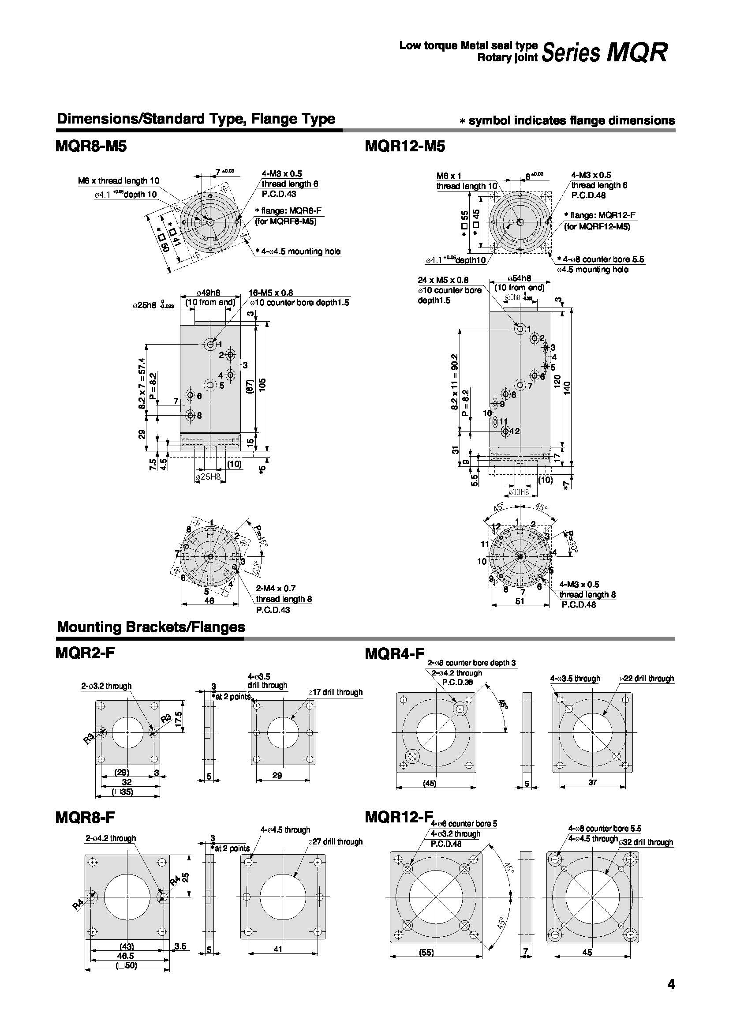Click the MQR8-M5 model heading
pos(91,146)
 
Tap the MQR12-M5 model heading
pos(405,146)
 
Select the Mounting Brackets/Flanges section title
pos(151,627)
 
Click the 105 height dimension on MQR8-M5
pos(262,385)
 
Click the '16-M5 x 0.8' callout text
pos(271,293)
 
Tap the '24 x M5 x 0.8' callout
pos(442,280)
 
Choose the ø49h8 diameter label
pos(210,293)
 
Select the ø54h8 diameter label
pos(519,279)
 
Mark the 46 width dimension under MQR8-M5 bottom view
pos(209,600)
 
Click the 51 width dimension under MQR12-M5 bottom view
pos(520,600)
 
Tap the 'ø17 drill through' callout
pos(335,693)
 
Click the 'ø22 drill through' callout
pos(647,678)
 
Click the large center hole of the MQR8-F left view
pos(127,897)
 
